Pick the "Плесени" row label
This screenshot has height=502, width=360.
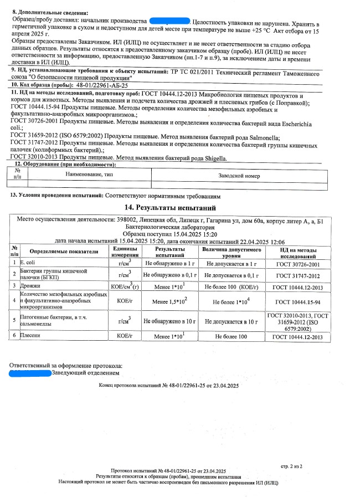(29, 336)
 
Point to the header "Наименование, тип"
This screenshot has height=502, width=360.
(87, 175)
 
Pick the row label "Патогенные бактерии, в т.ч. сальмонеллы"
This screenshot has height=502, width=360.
(54, 321)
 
